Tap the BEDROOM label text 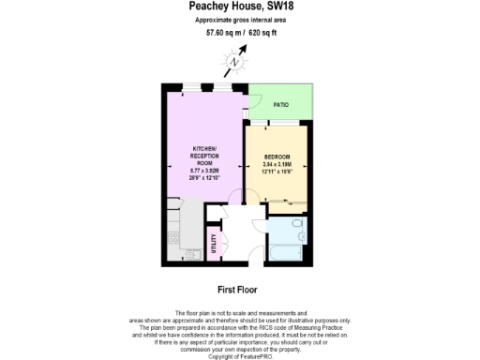277,156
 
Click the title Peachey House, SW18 241,7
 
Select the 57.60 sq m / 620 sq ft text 241,33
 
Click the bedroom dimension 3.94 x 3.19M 277,164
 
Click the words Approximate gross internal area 240,21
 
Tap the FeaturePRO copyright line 240,356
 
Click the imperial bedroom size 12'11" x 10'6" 277,172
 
